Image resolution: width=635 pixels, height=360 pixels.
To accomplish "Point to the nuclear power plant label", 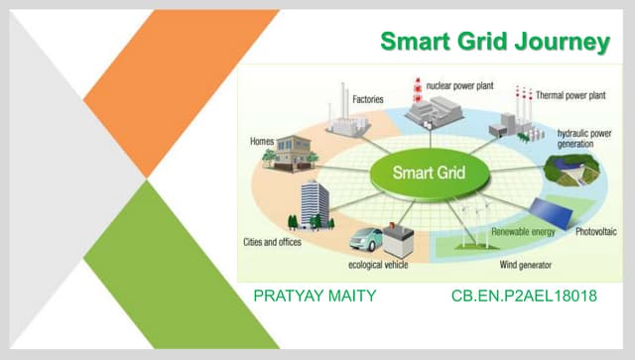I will click(461, 86).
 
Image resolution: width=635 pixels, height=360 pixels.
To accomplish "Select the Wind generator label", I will click(525, 265).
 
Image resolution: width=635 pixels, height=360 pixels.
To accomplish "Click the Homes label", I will click(262, 142).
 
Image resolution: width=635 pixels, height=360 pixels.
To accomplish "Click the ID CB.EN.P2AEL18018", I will click(524, 296).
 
